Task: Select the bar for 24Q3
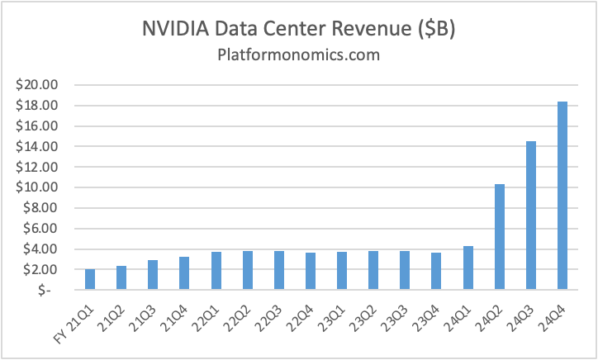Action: tap(531, 216)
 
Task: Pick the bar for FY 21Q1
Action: tap(90, 279)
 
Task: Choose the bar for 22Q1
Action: tap(216, 271)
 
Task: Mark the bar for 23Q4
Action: tap(437, 271)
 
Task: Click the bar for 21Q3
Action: tap(153, 275)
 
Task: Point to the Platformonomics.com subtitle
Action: tap(298, 55)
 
